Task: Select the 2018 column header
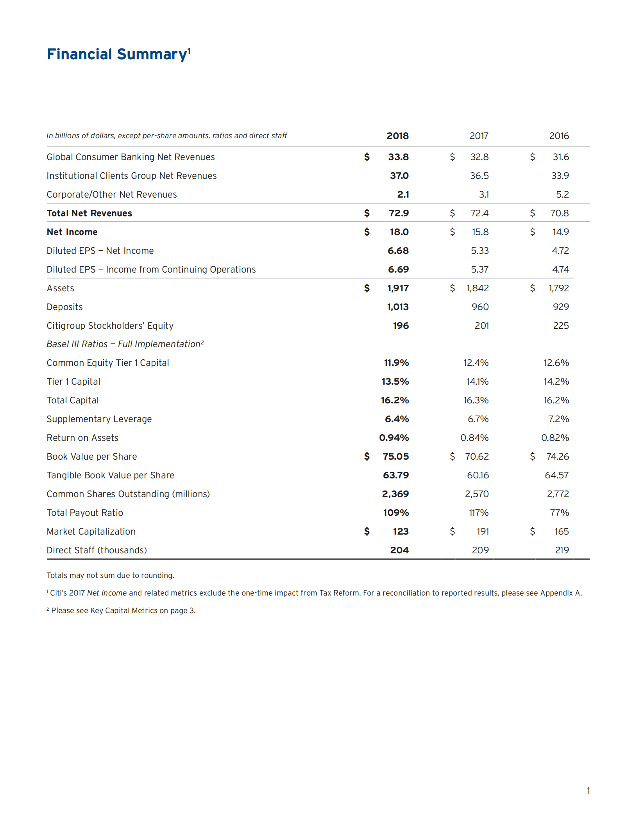[x=397, y=136]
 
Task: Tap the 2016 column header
[x=558, y=136]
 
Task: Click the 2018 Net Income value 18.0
[x=399, y=232]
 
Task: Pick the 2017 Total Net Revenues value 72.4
[x=479, y=213]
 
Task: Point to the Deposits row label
[x=64, y=307]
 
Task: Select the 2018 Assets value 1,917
[x=398, y=288]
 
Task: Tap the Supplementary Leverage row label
[x=99, y=419]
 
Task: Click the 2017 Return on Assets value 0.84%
[x=474, y=438]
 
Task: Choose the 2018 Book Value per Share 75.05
[x=395, y=457]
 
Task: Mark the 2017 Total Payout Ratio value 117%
[x=478, y=513]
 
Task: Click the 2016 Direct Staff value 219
[x=562, y=550]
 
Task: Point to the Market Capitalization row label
[x=91, y=531]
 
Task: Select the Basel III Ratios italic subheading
[x=125, y=344]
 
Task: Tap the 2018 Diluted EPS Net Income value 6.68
[x=398, y=251]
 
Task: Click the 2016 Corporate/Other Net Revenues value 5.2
[x=562, y=194]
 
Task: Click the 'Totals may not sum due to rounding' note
[x=110, y=575]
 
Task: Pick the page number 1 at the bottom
[x=588, y=791]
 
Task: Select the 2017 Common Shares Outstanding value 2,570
[x=476, y=494]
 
